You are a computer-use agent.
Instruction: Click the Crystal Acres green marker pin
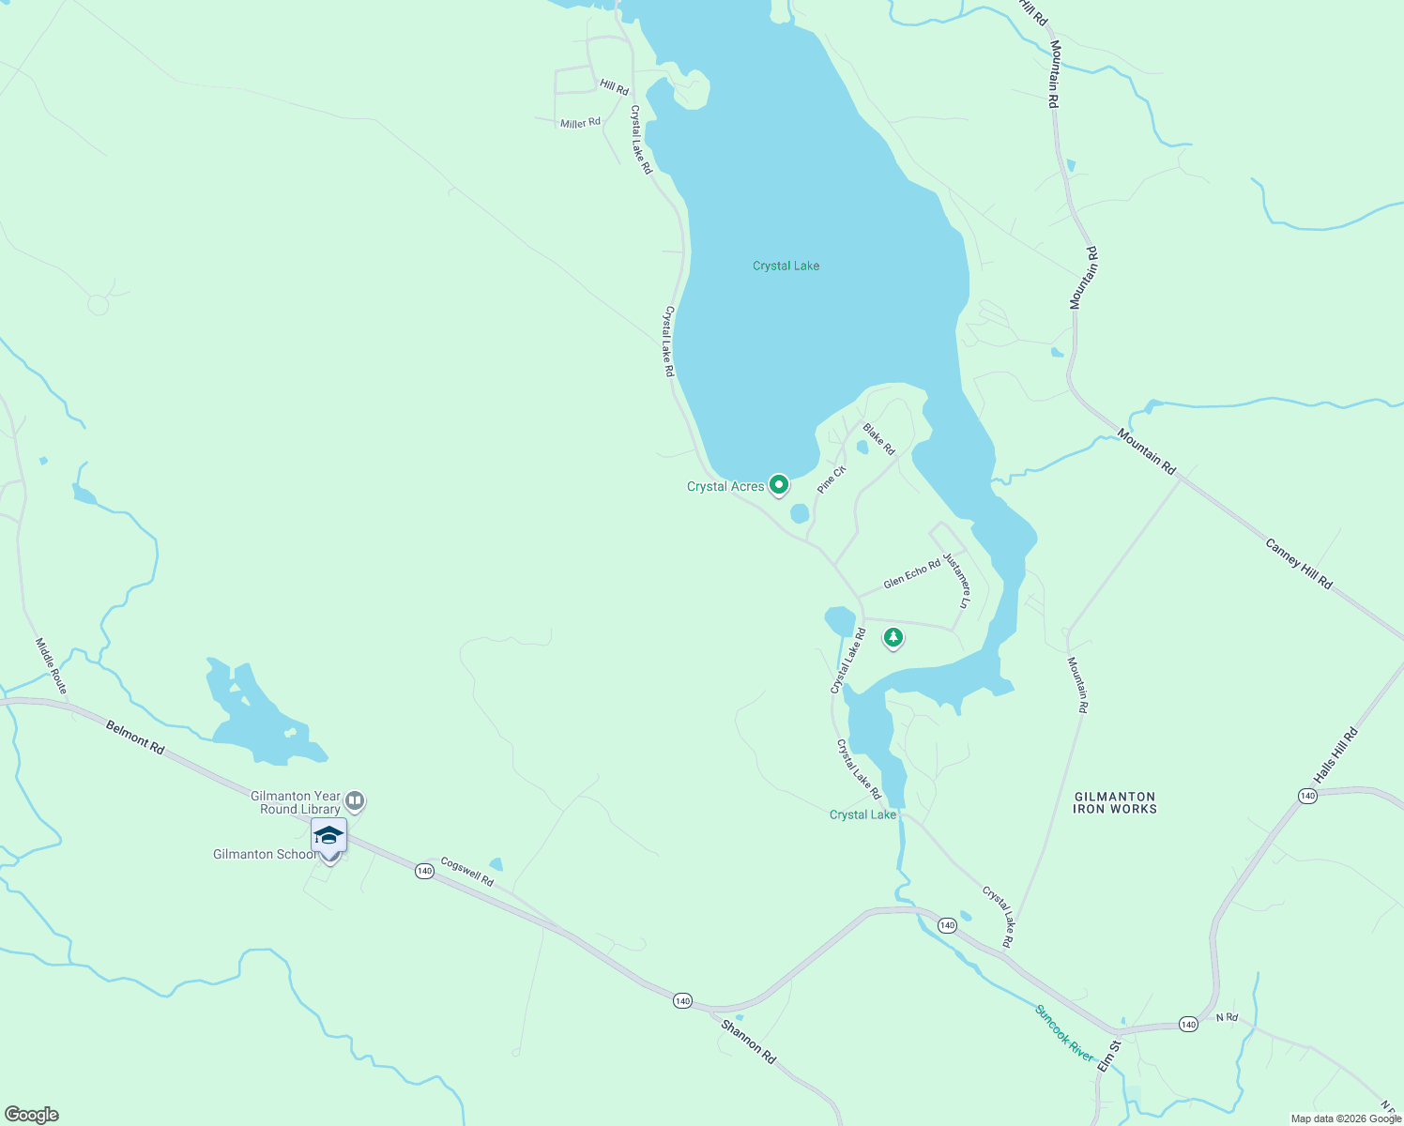(x=778, y=485)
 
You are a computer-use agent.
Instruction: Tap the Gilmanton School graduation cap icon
(x=329, y=835)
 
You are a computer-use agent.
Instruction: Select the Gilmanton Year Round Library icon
(x=355, y=801)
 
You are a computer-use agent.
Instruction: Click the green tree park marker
(x=893, y=638)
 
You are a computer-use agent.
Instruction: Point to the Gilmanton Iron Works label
(x=1115, y=802)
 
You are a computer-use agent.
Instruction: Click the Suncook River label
(x=1064, y=1033)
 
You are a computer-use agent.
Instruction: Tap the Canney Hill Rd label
(x=1298, y=563)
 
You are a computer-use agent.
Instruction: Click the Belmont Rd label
(x=135, y=738)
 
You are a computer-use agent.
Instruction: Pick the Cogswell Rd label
(x=466, y=872)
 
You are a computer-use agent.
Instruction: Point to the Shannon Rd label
(x=748, y=1041)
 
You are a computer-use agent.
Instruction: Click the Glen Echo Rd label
(x=911, y=574)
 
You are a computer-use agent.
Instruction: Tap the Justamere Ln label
(x=956, y=580)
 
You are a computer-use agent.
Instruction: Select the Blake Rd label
(x=879, y=439)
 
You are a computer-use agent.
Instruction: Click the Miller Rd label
(x=580, y=123)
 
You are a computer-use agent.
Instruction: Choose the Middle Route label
(x=52, y=665)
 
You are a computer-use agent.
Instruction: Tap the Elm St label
(x=1109, y=1056)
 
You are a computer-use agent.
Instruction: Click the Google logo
(x=32, y=1115)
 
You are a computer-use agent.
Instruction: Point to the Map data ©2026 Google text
(x=1345, y=1118)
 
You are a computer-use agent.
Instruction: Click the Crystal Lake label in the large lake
(x=786, y=266)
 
